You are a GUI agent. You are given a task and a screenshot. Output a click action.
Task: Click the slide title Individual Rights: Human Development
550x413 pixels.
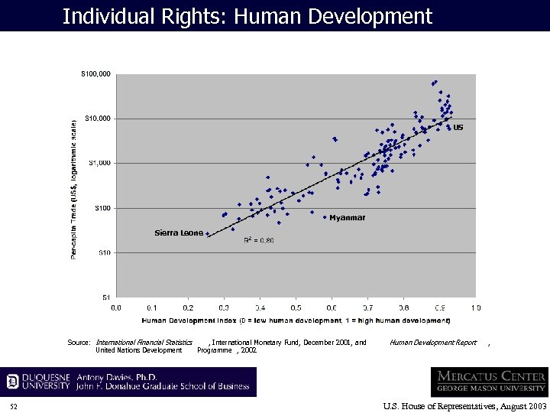coord(247,16)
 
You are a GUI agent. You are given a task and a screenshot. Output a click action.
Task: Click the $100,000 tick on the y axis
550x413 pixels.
coord(96,74)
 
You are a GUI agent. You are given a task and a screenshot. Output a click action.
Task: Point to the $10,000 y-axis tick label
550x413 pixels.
coord(98,119)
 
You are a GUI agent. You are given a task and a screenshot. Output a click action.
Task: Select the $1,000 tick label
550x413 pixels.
coord(99,163)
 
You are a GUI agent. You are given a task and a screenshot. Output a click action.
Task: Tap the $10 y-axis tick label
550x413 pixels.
coord(104,252)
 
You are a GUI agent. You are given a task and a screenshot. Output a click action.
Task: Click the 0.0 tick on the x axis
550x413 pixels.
coord(116,307)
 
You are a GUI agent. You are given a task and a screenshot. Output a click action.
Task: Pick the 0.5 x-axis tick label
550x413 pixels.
coord(296,307)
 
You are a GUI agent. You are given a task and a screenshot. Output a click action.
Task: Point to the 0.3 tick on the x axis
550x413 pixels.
coord(224,307)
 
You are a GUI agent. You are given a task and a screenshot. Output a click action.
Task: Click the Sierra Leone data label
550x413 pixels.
coord(179,233)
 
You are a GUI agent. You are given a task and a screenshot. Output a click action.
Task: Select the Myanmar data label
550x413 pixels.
coord(347,218)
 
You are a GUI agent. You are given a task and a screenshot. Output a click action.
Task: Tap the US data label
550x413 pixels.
coord(458,128)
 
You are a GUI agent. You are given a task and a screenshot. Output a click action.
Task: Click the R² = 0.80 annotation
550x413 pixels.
coord(258,240)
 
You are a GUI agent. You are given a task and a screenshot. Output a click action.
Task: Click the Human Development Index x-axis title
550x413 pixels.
coord(296,320)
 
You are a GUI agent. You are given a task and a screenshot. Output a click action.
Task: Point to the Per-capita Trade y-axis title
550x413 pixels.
coord(74,188)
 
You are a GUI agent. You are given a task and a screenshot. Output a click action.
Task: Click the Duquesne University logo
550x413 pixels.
coord(38,382)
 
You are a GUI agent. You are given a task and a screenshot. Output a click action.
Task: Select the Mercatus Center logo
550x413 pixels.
coord(489,381)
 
